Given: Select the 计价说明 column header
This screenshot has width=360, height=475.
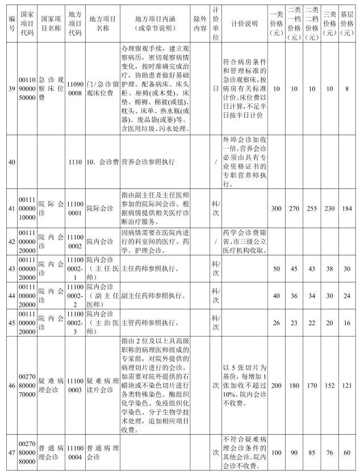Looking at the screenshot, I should tap(244, 23).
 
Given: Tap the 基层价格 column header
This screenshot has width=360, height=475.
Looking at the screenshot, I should tap(347, 22).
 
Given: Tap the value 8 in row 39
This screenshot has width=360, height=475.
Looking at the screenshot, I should tap(347, 89).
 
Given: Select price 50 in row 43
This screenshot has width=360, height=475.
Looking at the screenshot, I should tap(276, 268).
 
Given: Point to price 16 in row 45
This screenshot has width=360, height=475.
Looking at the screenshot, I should tap(347, 322).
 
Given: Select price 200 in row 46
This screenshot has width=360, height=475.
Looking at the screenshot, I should tap(276, 384).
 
